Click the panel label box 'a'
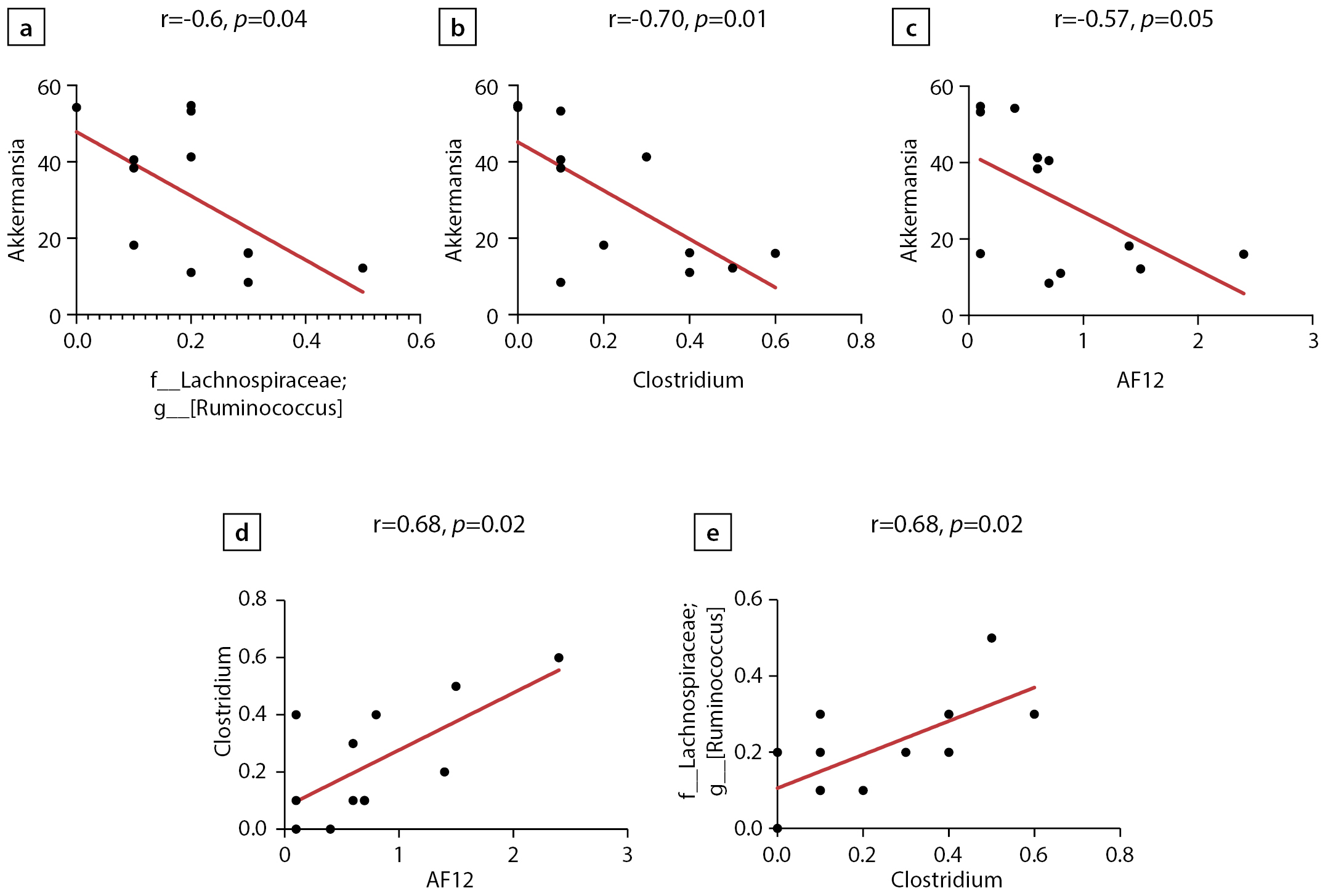point(26,28)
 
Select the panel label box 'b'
point(457,28)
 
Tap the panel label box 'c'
point(910,28)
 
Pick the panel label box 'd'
point(241,532)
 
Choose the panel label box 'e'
point(713,532)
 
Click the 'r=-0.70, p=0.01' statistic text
point(687,19)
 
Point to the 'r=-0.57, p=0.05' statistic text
point(1133,19)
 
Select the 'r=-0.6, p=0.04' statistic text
point(233,19)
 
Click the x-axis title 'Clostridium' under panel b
point(688,380)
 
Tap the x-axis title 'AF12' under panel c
point(1140,380)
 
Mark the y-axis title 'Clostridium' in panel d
point(222,701)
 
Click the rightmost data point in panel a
point(363,268)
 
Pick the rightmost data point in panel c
point(1244,255)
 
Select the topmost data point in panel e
point(992,638)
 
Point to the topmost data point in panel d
point(559,658)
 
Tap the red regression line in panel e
point(905,738)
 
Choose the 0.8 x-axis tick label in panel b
point(860,341)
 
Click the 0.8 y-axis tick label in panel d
point(253,599)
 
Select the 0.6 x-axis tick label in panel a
point(421,341)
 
